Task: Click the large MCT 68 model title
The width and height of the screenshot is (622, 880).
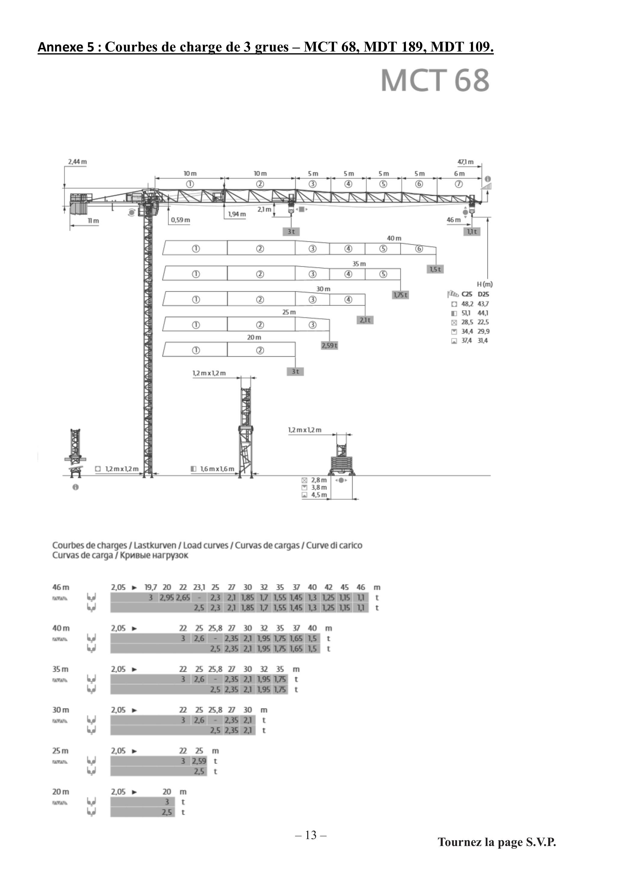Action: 435,80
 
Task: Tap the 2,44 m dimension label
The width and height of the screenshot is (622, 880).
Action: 77,162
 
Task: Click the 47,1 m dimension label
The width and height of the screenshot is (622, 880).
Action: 465,162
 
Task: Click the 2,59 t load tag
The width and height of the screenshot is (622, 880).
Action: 330,345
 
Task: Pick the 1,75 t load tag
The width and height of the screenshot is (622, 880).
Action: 401,295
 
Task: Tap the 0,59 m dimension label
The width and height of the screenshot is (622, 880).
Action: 181,220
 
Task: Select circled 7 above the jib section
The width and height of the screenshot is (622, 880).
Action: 459,184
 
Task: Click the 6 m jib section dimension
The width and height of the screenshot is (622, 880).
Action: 459,174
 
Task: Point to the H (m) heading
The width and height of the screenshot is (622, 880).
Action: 485,284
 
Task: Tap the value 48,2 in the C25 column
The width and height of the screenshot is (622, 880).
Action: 467,304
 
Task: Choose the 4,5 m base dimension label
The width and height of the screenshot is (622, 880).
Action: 319,495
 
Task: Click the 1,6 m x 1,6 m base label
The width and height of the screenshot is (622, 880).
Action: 217,469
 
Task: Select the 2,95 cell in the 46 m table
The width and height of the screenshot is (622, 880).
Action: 167,597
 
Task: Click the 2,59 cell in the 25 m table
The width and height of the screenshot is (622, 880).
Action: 199,761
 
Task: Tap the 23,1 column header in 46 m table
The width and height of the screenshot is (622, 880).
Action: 199,587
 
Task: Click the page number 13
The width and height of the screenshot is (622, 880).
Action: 311,835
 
